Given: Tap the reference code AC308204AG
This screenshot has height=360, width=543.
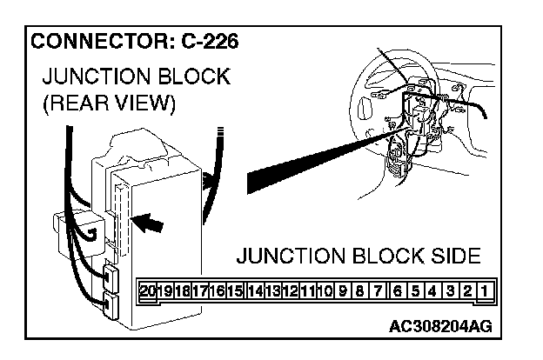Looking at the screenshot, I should click(442, 327).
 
